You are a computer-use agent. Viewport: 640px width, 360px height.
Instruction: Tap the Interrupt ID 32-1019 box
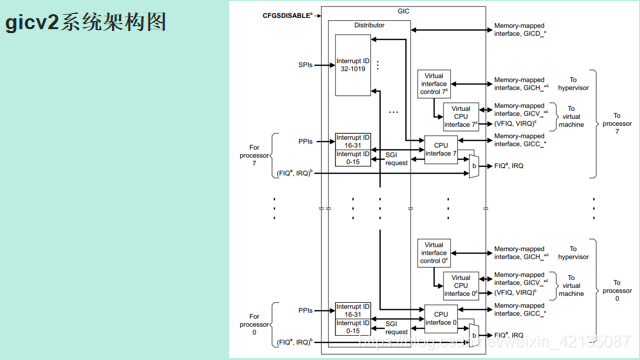click(x=353, y=65)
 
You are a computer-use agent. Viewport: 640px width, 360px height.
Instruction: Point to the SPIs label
click(x=305, y=65)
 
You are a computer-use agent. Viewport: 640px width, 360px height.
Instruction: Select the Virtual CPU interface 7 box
click(x=460, y=115)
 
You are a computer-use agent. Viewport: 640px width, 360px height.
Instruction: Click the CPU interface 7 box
click(x=440, y=149)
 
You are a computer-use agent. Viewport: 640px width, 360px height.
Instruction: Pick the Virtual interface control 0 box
click(x=434, y=251)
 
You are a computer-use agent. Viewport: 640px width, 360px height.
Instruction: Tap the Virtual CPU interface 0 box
click(x=460, y=284)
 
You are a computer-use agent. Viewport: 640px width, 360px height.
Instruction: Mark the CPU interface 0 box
click(x=440, y=316)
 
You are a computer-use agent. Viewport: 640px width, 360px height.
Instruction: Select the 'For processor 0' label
click(x=261, y=324)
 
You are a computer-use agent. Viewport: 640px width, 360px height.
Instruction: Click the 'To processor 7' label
click(x=610, y=125)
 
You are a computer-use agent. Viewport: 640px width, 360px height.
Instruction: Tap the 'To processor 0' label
click(x=610, y=292)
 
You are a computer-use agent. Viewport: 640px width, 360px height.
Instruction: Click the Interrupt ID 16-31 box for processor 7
click(x=353, y=142)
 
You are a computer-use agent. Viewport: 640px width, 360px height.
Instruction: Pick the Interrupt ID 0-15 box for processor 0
click(x=353, y=326)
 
